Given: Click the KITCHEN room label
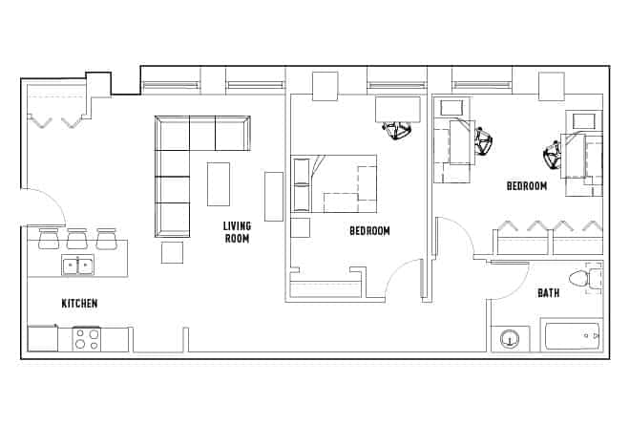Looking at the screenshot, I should (79, 304).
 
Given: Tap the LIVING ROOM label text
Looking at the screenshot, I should (236, 232).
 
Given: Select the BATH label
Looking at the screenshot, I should (548, 293).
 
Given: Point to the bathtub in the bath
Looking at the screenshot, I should (571, 337).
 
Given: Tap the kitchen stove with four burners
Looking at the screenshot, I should (87, 338).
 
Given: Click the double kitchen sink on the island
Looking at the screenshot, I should (77, 266).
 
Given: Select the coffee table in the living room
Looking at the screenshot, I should (219, 183).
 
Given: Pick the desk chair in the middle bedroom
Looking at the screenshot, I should (397, 130).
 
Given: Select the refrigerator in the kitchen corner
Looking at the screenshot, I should (42, 338).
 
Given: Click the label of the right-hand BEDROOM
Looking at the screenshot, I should (527, 186).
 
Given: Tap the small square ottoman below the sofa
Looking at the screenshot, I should (172, 252).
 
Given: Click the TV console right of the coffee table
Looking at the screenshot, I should (274, 196).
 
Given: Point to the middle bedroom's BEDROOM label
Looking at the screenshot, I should (369, 230).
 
